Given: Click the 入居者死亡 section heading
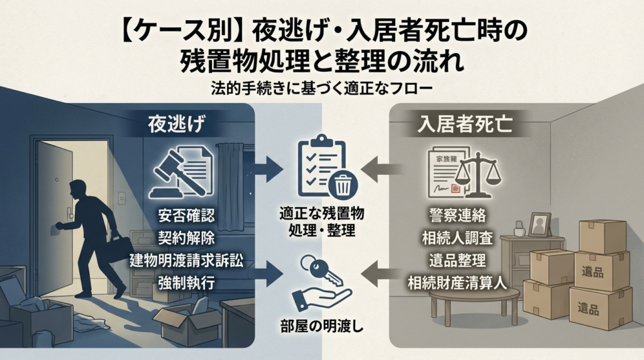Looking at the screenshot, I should coord(464,124).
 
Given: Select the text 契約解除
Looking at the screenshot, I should coord(186,238).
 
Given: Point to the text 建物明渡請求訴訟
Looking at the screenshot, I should coord(187,260).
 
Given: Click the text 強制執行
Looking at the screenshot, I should coord(187,283).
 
